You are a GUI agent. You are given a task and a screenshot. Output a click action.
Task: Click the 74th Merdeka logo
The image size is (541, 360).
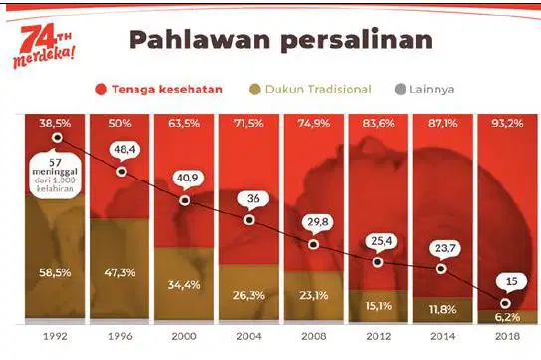pos(44,46)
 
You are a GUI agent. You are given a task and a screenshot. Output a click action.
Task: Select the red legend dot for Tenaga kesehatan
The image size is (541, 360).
pos(101,89)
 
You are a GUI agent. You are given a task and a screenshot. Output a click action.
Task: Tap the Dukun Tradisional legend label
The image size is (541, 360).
pos(318,89)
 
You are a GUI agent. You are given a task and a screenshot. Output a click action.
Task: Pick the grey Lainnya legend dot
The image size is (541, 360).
pos(400,89)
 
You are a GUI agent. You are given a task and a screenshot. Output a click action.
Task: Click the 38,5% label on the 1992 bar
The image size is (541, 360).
pos(55,123)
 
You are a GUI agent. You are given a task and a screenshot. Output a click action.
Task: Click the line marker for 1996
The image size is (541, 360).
pos(121,171)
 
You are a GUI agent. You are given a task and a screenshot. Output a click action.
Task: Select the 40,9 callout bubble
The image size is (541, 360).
pos(188,179)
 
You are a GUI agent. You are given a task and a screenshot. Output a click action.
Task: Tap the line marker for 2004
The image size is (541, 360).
pos(249,220)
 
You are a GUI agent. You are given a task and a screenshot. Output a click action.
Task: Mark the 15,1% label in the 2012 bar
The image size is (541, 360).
pos(379,306)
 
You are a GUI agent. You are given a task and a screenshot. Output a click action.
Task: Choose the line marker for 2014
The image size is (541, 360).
pos(441,268)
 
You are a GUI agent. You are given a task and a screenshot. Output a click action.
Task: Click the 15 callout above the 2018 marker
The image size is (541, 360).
pos(512,282)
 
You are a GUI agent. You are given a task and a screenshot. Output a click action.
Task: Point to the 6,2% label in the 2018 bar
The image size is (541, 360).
pos(507,317)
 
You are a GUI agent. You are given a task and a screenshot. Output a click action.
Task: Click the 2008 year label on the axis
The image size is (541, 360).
pos(314,336)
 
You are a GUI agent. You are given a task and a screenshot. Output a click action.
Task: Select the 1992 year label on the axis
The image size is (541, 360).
pos(55,336)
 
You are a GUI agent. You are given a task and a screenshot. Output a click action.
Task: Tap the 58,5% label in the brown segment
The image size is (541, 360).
pos(55,273)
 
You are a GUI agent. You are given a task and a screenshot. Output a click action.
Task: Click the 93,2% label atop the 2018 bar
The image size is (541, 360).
pos(507,123)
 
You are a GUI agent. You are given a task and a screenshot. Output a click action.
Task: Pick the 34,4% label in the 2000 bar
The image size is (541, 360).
pos(184,285)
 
